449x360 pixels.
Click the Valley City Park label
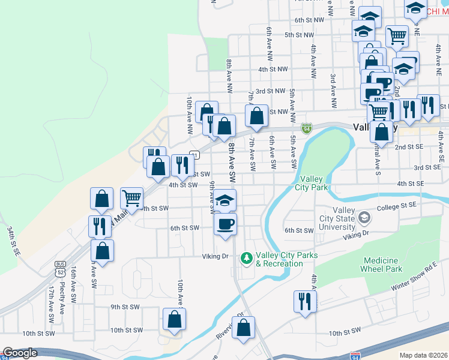(312, 183)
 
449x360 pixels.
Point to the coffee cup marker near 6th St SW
(225, 224)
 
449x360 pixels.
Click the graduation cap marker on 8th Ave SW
(225, 200)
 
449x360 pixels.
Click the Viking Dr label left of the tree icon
(216, 256)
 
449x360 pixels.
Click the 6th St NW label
(309, 20)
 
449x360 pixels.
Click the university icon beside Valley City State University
(363, 218)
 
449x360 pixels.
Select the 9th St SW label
(124, 307)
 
